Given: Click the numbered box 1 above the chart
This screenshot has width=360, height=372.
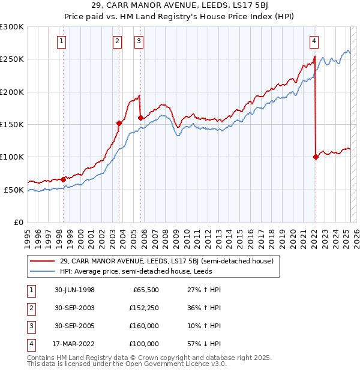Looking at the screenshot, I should coord(62,41).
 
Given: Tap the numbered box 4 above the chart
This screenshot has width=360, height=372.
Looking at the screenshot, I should coord(314,41).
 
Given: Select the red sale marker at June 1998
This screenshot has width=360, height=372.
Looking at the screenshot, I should coord(64,179).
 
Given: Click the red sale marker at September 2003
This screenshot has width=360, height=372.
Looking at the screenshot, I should coord(119,123).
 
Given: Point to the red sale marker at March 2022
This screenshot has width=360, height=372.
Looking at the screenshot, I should coord(316,157).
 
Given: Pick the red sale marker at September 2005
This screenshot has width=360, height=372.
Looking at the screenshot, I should coord(140,118).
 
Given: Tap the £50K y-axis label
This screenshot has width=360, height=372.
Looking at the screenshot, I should coord(14,190).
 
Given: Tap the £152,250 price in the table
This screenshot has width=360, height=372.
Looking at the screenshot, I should coord(143,308).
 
